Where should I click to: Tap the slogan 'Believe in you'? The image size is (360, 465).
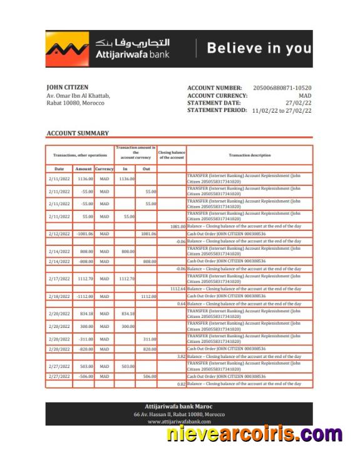click(259, 48)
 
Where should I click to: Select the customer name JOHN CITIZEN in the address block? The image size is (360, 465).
click(68, 87)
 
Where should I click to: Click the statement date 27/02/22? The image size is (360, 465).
click(299, 103)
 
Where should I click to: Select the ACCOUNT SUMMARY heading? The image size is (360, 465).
click(78, 133)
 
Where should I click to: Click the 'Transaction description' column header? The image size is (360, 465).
click(249, 155)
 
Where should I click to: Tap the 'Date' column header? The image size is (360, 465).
click(59, 169)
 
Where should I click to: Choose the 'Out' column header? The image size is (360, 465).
click(146, 169)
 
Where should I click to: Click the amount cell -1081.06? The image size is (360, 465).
click(83, 233)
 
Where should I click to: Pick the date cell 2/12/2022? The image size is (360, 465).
click(59, 233)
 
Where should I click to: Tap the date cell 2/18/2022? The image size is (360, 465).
click(59, 297)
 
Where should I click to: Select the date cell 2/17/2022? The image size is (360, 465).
click(59, 278)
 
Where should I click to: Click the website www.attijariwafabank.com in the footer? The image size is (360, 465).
click(178, 422)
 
